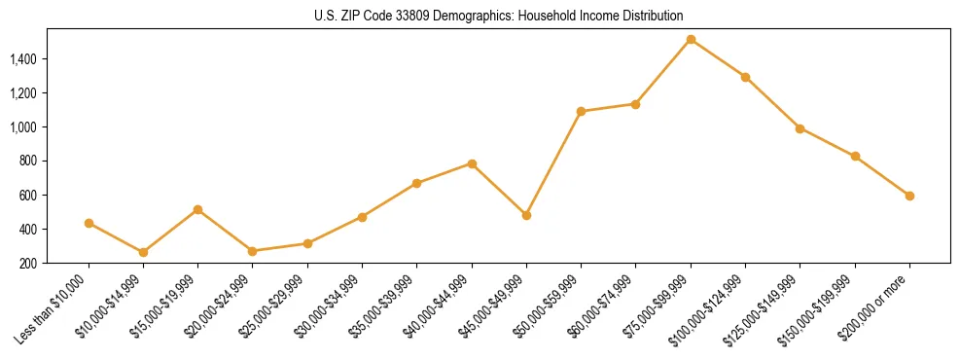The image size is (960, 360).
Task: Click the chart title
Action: [499, 16]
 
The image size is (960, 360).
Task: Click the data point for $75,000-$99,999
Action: [691, 40]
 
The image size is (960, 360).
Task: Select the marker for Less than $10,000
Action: [89, 223]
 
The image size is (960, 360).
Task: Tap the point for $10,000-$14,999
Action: [144, 252]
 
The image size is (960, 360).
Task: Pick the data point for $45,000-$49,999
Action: [526, 215]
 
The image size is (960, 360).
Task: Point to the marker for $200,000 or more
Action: [909, 196]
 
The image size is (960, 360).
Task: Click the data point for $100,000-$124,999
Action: [745, 77]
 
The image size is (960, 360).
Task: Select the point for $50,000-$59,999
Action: [581, 111]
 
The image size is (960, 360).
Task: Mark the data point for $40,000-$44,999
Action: [472, 163]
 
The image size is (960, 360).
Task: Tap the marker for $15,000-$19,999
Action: [198, 209]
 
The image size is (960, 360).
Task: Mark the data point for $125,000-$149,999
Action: [800, 128]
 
